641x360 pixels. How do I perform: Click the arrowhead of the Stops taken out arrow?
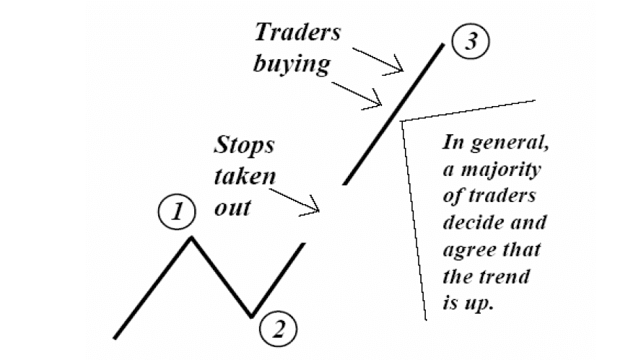(x=318, y=210)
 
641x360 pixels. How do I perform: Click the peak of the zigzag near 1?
(x=191, y=236)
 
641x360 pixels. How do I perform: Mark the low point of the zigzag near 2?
(x=250, y=316)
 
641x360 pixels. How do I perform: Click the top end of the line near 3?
(x=442, y=45)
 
